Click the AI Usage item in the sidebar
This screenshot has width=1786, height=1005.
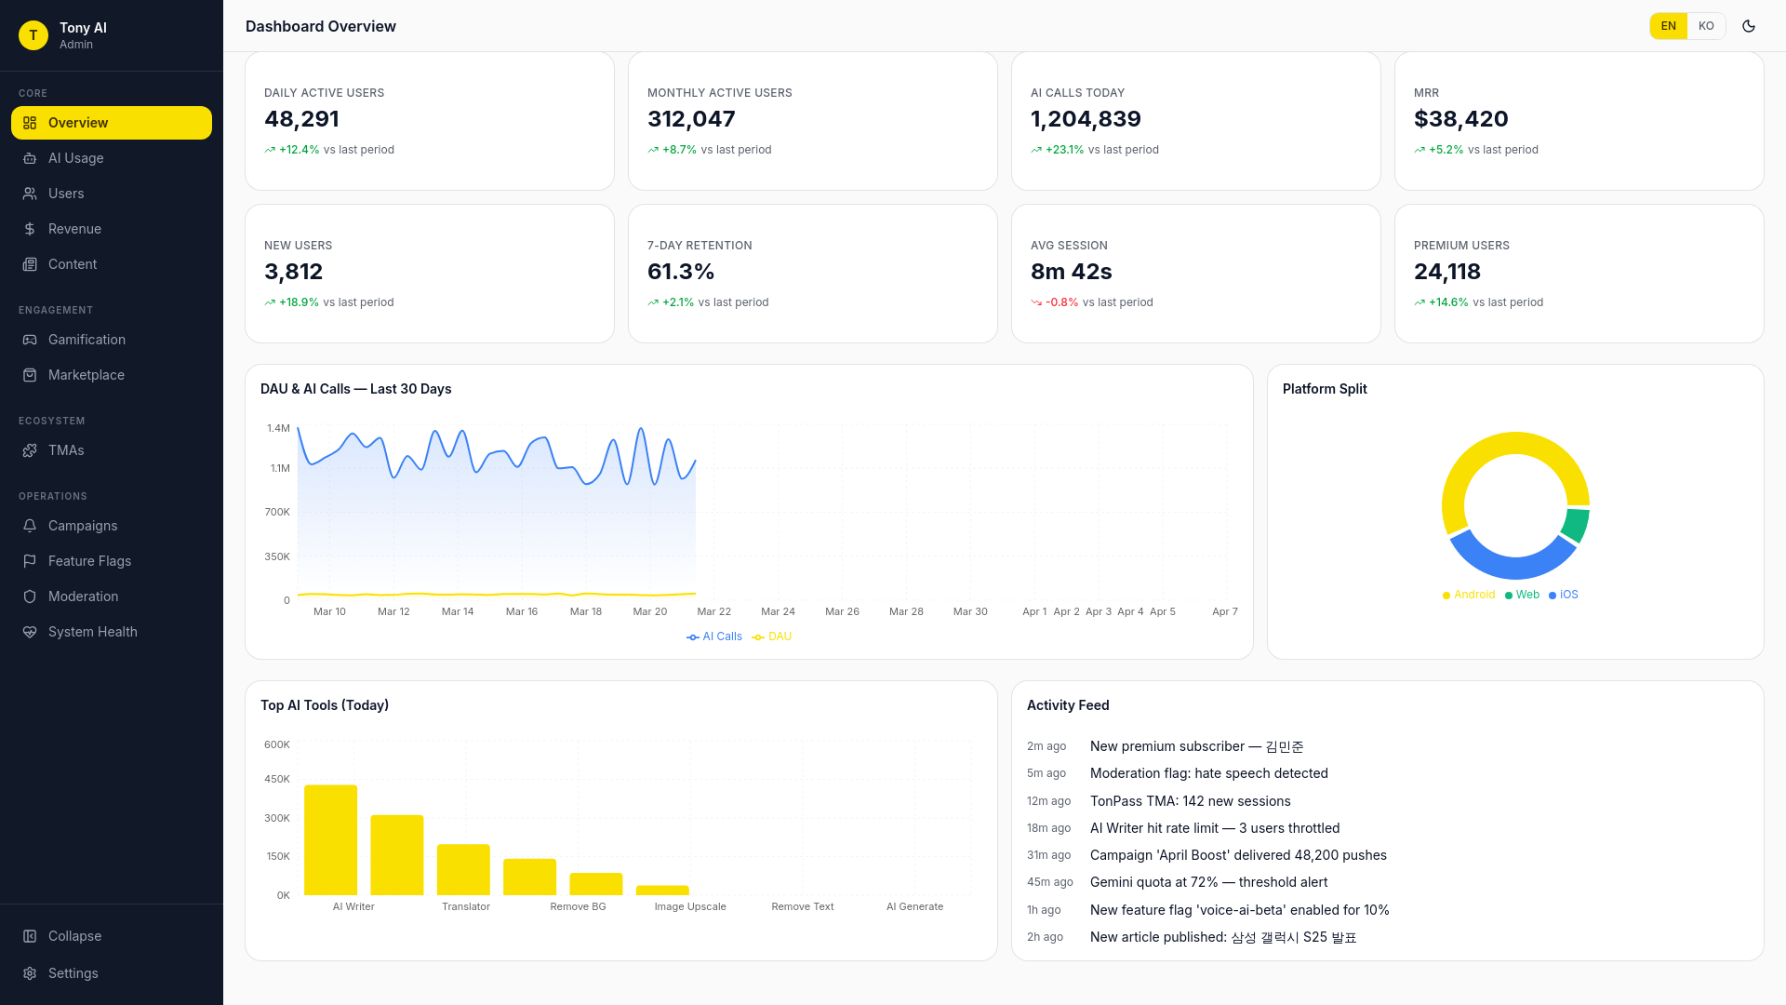75,158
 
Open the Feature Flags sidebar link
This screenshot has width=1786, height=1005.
89,561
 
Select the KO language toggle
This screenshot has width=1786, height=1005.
1705,26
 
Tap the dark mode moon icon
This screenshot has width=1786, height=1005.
1749,26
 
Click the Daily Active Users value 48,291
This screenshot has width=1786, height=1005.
301,119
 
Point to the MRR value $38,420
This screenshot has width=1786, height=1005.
1460,119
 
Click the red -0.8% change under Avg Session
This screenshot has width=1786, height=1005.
1061,302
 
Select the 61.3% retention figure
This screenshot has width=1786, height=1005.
681,272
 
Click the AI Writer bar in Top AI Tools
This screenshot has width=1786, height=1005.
330,839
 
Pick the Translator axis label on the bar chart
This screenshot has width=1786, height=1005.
465,906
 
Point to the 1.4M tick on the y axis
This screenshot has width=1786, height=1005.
278,428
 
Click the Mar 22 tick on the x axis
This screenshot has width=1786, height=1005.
713,611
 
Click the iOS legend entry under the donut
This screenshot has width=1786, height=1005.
1567,595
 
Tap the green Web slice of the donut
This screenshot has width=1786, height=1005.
1576,524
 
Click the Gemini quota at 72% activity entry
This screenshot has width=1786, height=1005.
1208,882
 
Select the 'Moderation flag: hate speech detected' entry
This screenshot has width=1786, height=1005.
1208,773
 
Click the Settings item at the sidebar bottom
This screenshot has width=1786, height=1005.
73,973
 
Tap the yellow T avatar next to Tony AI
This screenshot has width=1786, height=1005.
33,35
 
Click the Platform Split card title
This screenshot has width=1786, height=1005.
1324,389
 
